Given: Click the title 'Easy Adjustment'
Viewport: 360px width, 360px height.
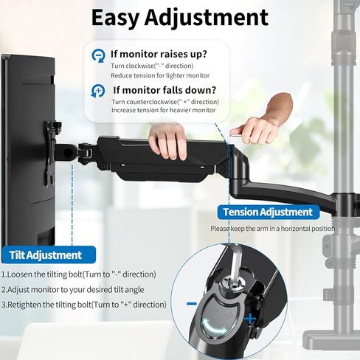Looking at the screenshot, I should coord(180,17).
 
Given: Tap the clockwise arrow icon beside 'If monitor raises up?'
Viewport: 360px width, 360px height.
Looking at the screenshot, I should coord(97,56).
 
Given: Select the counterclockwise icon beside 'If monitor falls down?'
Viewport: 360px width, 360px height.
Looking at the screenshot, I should coord(97,91).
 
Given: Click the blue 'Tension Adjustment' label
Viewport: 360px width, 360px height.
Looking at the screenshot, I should coord(268,212).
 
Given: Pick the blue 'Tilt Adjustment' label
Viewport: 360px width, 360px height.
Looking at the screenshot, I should coord(45,255).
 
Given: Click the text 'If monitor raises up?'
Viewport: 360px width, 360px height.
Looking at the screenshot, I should coord(159,54).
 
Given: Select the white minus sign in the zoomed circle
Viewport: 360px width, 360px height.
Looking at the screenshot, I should coord(193,302).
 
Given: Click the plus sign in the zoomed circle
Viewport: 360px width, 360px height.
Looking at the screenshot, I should coord(251,319).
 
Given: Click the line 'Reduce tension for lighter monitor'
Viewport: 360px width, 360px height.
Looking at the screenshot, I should coord(160,75).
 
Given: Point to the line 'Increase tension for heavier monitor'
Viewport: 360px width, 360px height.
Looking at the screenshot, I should coord(164,111).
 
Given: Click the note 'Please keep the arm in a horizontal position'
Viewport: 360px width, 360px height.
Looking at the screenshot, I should coord(272,229).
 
